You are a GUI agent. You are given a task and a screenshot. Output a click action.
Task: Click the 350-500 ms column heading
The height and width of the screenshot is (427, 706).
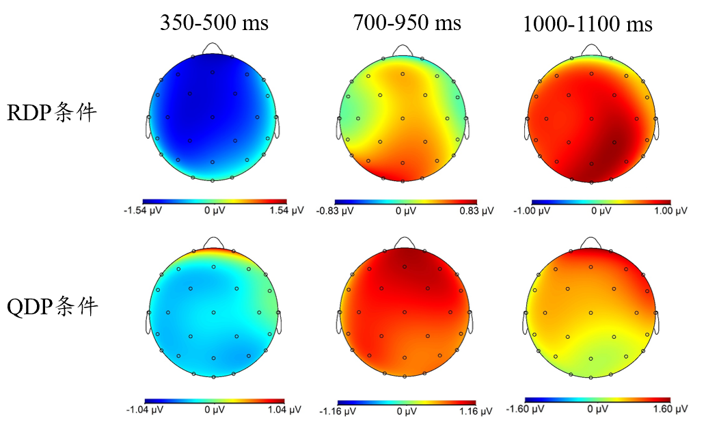(x=214, y=23)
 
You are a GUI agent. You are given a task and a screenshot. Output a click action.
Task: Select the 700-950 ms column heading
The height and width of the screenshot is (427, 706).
(x=407, y=23)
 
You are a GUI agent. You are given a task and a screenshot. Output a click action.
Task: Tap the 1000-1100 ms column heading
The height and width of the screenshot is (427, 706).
(x=587, y=25)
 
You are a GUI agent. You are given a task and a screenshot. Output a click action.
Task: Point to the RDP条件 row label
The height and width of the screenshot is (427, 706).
(x=52, y=112)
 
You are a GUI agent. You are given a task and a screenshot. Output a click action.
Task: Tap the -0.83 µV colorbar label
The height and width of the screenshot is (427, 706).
(x=336, y=211)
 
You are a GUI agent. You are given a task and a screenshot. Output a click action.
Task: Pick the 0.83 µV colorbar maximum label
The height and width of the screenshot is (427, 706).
(x=477, y=211)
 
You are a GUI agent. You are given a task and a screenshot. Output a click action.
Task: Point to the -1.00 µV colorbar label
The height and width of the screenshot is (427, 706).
(x=530, y=211)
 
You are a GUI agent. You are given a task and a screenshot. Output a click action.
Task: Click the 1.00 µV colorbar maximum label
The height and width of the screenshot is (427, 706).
(x=671, y=211)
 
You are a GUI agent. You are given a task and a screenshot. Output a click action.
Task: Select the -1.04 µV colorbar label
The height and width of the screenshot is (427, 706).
(x=143, y=409)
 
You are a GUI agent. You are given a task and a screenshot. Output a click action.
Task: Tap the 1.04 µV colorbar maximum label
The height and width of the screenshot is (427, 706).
(x=285, y=409)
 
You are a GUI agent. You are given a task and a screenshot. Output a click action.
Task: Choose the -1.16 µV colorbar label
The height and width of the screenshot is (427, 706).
(x=336, y=411)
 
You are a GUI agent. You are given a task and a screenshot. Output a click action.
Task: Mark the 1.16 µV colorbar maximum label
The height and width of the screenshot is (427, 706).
(x=476, y=411)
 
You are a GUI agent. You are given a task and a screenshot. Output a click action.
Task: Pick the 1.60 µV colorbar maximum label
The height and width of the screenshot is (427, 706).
(x=671, y=409)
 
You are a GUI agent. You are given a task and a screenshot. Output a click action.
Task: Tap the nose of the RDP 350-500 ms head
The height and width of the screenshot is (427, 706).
(x=213, y=48)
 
